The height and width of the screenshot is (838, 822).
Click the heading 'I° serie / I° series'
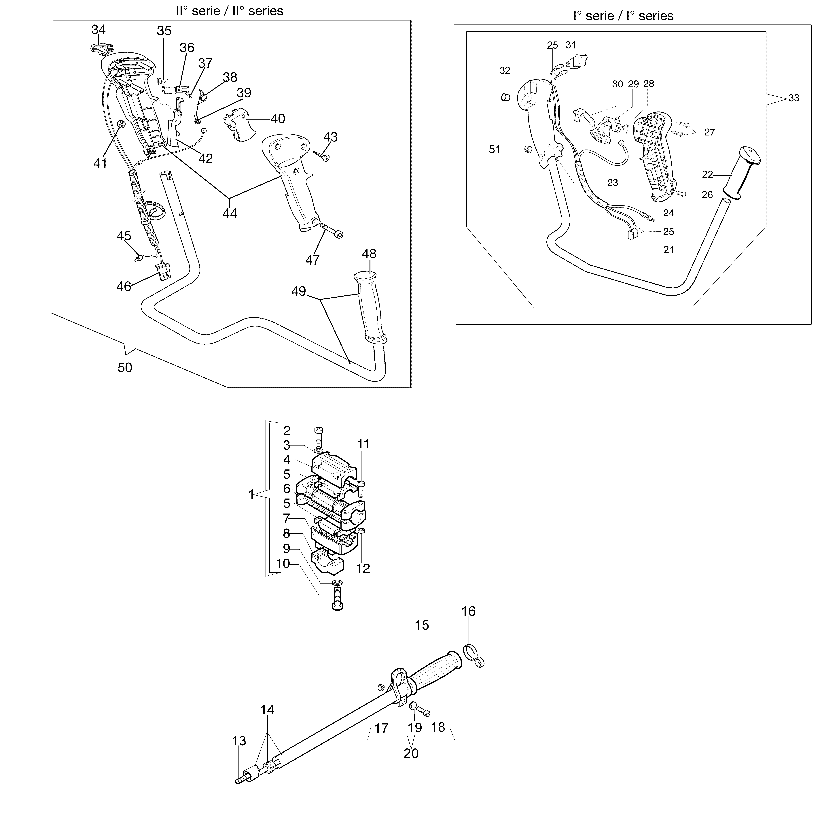click(x=623, y=16)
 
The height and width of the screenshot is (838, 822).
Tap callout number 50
click(x=125, y=367)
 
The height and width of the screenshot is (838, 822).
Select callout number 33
click(x=793, y=98)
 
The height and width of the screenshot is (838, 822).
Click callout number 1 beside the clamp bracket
click(x=251, y=494)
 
